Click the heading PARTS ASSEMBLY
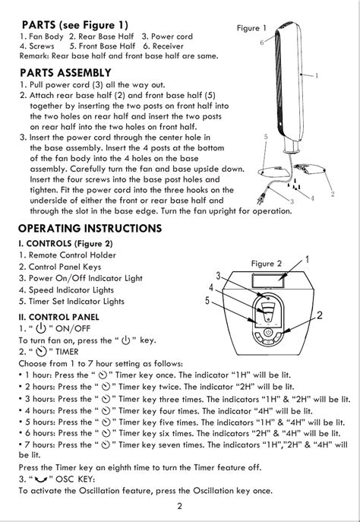pos(65,73)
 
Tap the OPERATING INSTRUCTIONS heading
pos(90,229)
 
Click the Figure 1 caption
pos(251,28)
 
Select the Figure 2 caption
pos(266,264)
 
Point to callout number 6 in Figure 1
pos(262,43)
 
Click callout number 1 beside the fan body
pos(317,75)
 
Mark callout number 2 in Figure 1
pos(333,194)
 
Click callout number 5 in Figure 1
pos(266,137)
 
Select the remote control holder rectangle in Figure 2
pos(269,280)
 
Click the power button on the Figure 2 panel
pos(268,332)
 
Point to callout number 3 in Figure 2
pos(218,276)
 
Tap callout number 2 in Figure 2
pos(320,315)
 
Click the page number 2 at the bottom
pos(180,506)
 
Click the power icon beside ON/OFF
pos(40,328)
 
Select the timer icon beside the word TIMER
pos(41,352)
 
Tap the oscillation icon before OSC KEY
pos(41,479)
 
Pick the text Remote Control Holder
pos(72,255)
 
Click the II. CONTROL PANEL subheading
pos(58,317)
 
